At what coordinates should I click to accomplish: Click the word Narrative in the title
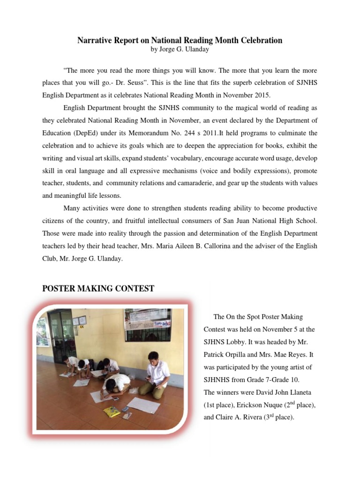(x=94, y=40)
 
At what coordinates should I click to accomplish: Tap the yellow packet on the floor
(x=112, y=411)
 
